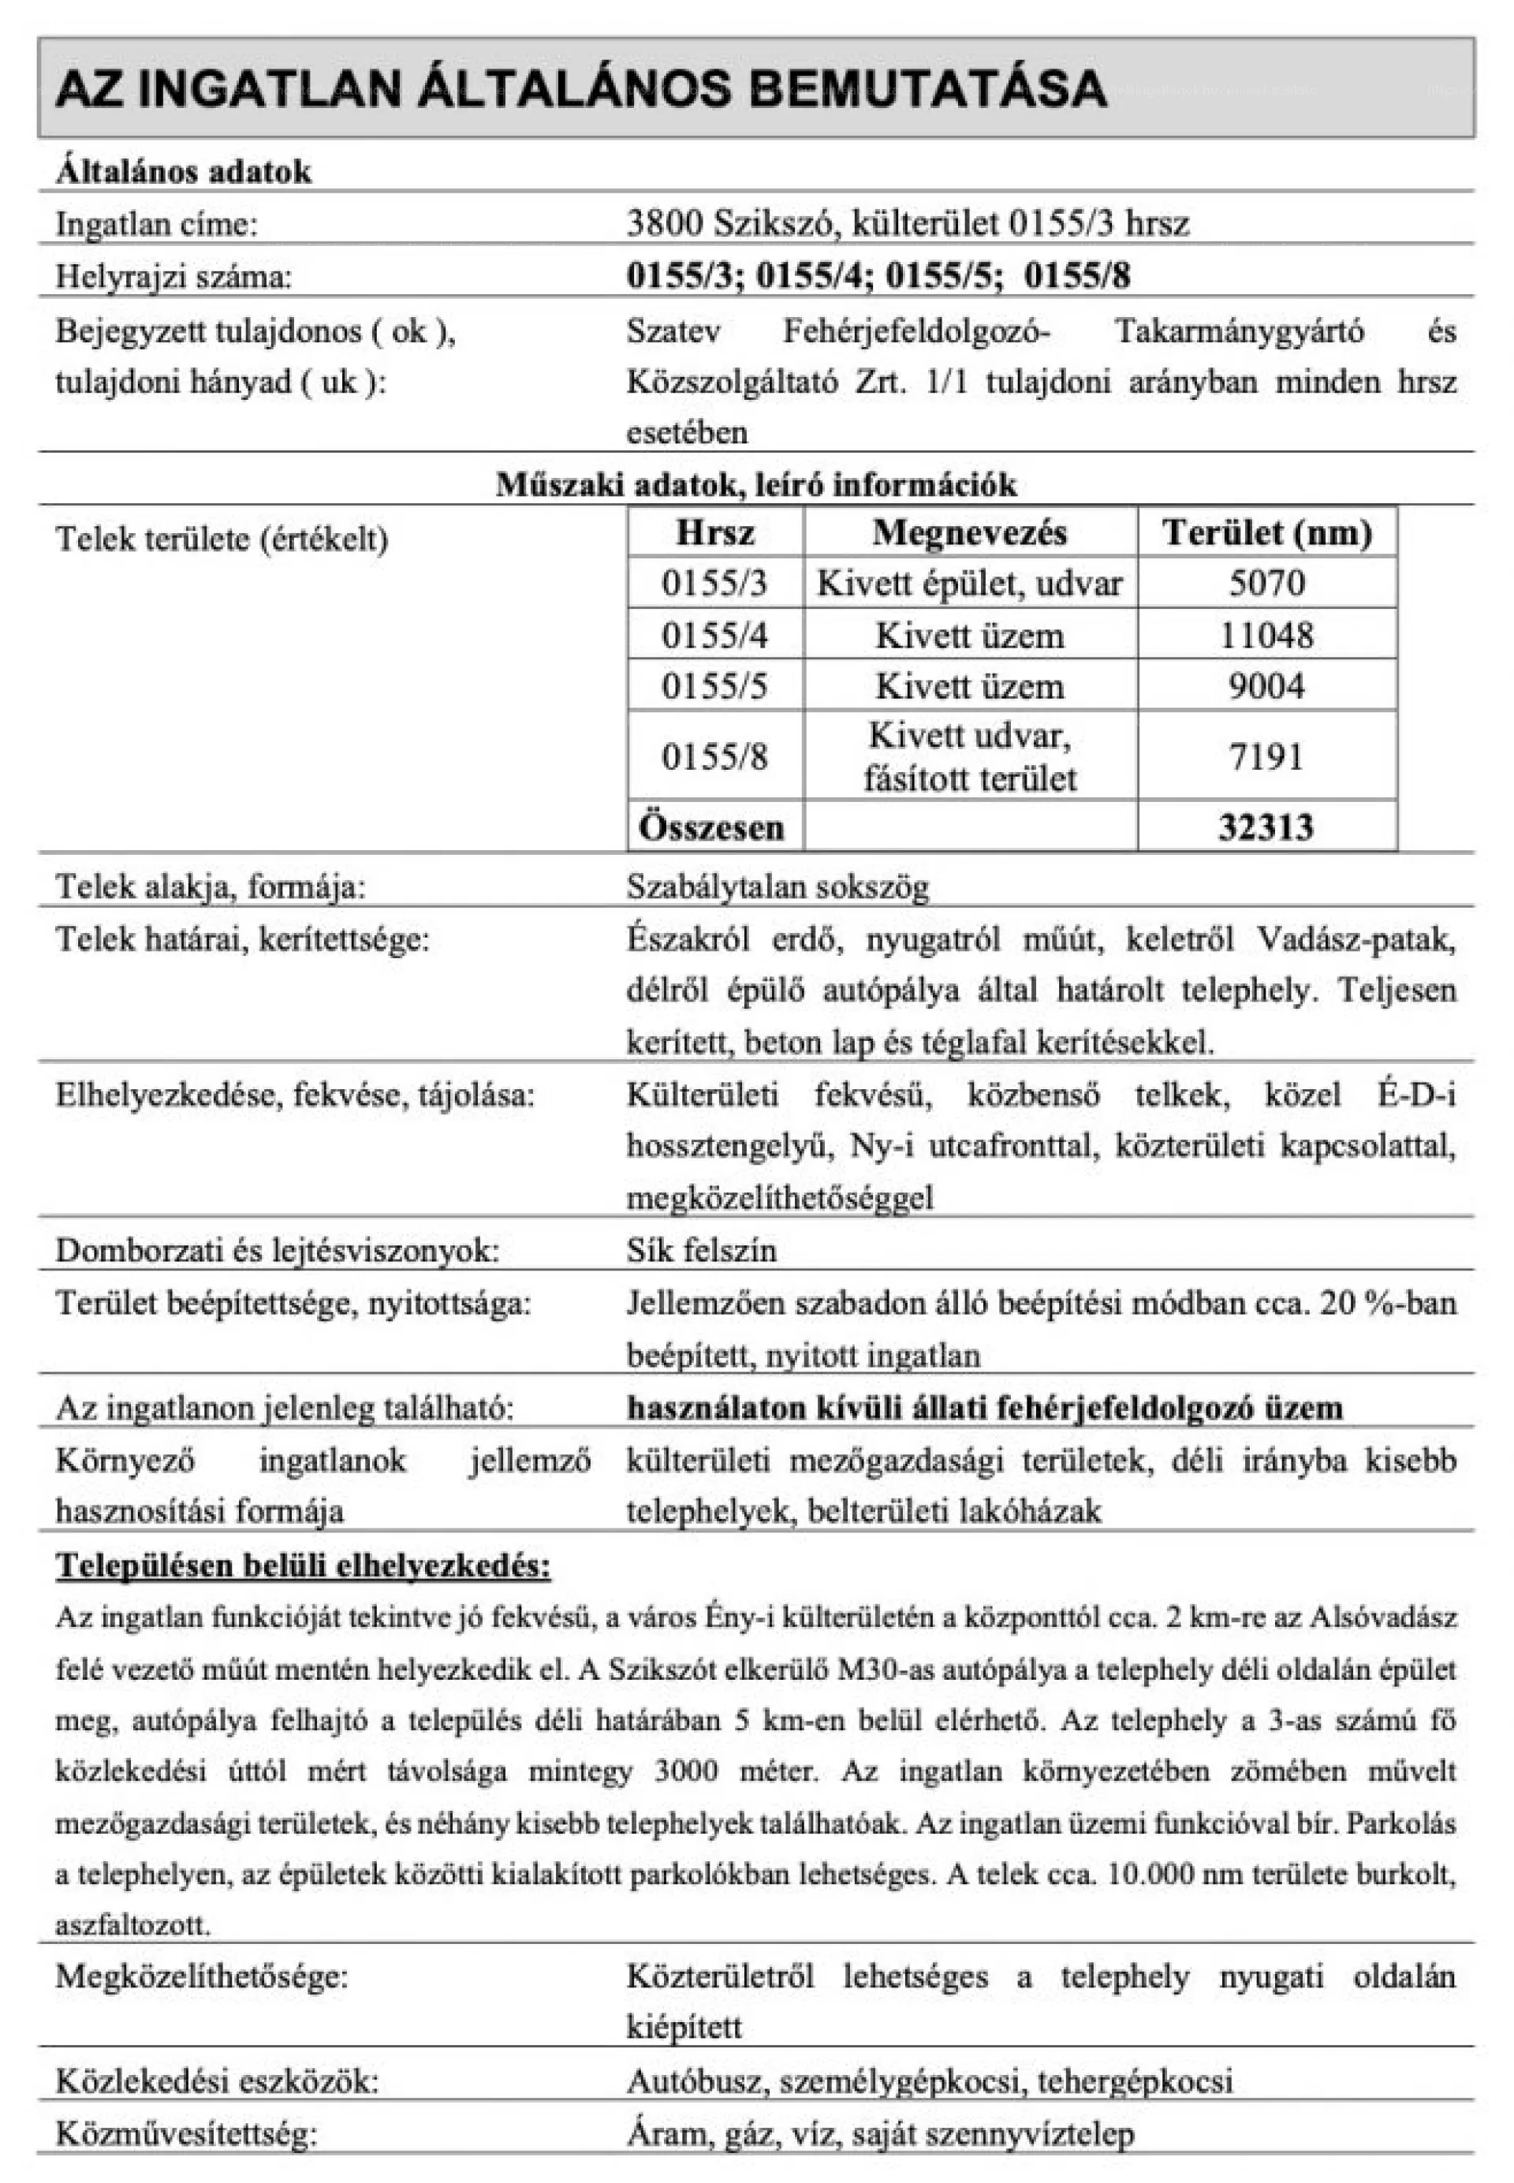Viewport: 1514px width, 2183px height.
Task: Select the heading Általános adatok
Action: pyautogui.click(x=183, y=172)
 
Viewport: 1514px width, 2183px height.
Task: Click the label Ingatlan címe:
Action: pyautogui.click(x=156, y=224)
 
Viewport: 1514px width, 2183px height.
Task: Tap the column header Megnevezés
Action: pyautogui.click(x=969, y=532)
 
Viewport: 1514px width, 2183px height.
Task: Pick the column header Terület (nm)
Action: pyautogui.click(x=1266, y=532)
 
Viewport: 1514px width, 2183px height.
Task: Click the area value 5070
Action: pyautogui.click(x=1266, y=583)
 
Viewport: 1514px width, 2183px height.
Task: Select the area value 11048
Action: pyautogui.click(x=1266, y=635)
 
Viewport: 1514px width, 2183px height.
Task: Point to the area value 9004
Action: pyautogui.click(x=1266, y=686)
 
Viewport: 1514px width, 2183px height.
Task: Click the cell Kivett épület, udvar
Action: pyautogui.click(x=969, y=583)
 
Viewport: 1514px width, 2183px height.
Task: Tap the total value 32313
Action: pyautogui.click(x=1266, y=827)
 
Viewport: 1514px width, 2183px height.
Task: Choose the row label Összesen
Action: pyautogui.click(x=711, y=827)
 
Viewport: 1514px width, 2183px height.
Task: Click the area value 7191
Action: pyautogui.click(x=1266, y=757)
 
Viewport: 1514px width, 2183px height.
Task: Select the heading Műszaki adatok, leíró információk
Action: pyautogui.click(x=756, y=485)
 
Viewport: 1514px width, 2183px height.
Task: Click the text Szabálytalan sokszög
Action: pyautogui.click(x=778, y=887)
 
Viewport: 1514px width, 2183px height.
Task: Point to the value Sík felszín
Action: pyautogui.click(x=701, y=1249)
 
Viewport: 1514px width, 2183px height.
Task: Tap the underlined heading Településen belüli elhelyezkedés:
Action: pyautogui.click(x=304, y=1565)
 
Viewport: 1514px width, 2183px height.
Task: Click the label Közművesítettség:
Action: pyautogui.click(x=186, y=2133)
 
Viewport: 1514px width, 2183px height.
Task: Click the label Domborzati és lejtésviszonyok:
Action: pyautogui.click(x=277, y=1249)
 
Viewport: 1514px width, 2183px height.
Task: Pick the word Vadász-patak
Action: pyautogui.click(x=1356, y=939)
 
